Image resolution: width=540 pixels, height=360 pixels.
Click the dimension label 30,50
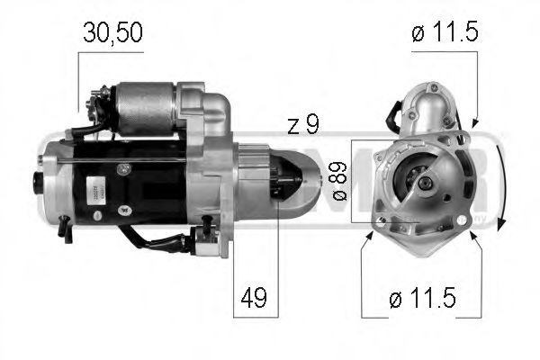pyautogui.click(x=112, y=33)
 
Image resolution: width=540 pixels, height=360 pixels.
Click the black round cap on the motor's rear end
pyautogui.click(x=40, y=180)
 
